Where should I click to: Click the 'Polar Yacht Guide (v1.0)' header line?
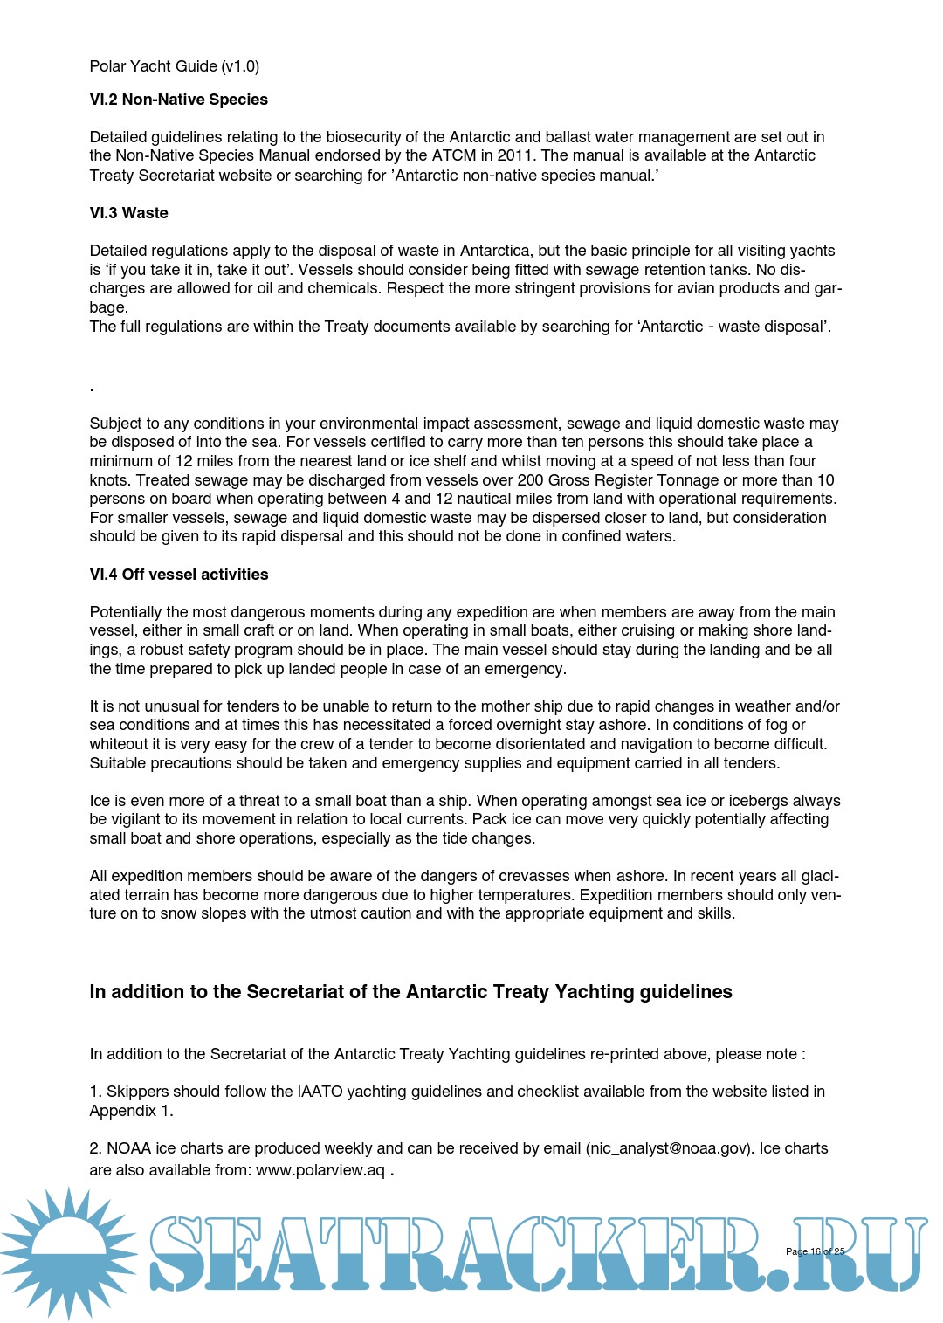(x=174, y=66)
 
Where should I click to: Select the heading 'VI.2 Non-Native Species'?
(x=178, y=100)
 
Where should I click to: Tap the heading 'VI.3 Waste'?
(x=128, y=213)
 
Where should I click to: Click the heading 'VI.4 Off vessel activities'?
(x=178, y=575)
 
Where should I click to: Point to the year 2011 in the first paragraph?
(x=514, y=155)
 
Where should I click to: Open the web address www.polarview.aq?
(x=320, y=1170)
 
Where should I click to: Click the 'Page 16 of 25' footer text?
(x=815, y=1251)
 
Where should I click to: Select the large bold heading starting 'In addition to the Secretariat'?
(x=410, y=992)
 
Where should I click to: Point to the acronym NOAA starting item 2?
(x=129, y=1148)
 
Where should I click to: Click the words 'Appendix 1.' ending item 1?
(x=131, y=1111)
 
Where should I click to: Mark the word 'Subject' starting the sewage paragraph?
(x=115, y=424)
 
